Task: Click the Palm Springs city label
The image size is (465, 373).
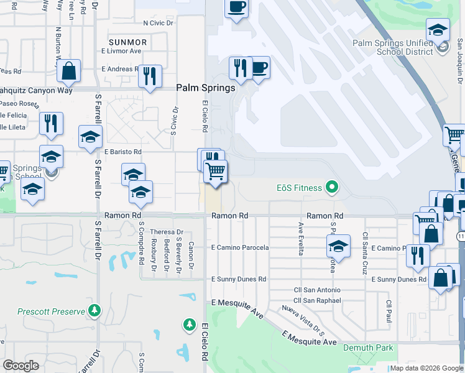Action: pyautogui.click(x=206, y=88)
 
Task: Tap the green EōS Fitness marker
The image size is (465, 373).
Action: pyautogui.click(x=332, y=186)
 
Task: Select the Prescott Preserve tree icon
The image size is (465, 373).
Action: pyautogui.click(x=94, y=309)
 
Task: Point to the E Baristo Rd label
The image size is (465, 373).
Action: pyautogui.click(x=122, y=152)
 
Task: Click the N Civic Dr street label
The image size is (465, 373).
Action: pyautogui.click(x=160, y=23)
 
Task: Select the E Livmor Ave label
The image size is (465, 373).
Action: pyautogui.click(x=121, y=51)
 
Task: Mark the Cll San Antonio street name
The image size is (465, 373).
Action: pyautogui.click(x=317, y=290)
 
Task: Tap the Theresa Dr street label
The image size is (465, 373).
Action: pyautogui.click(x=159, y=232)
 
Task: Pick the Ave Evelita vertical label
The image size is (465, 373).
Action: pyautogui.click(x=301, y=239)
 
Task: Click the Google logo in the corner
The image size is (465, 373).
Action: pyautogui.click(x=21, y=365)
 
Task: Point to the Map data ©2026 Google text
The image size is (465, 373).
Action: pyautogui.click(x=426, y=368)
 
